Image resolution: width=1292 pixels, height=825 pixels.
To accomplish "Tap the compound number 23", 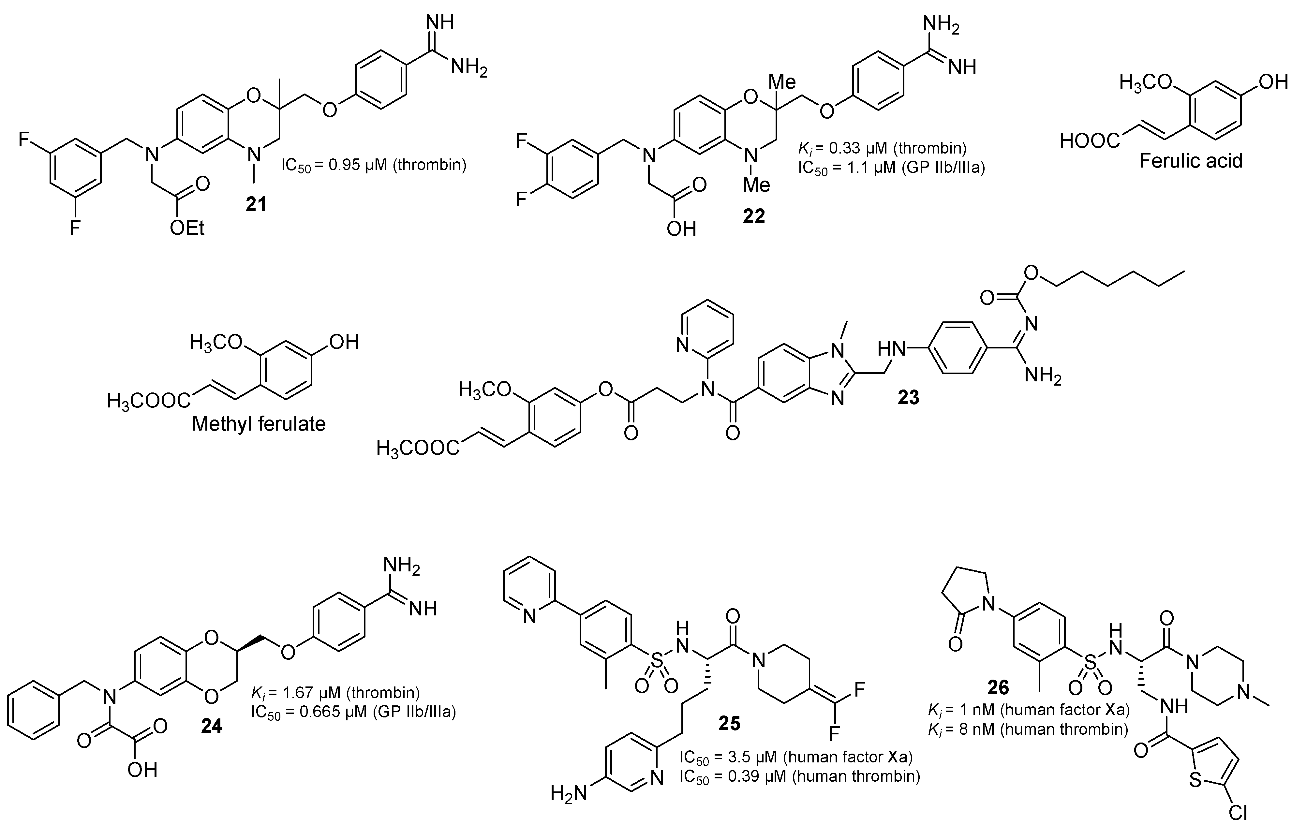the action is pyautogui.click(x=908, y=397).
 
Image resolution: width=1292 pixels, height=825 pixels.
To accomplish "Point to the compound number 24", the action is pyautogui.click(x=211, y=726).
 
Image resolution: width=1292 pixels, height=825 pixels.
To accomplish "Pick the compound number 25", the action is pyautogui.click(x=729, y=724).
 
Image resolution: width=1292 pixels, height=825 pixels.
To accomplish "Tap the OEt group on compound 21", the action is pyautogui.click(x=187, y=228).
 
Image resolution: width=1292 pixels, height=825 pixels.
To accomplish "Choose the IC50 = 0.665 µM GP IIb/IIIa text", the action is pyautogui.click(x=353, y=713).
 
